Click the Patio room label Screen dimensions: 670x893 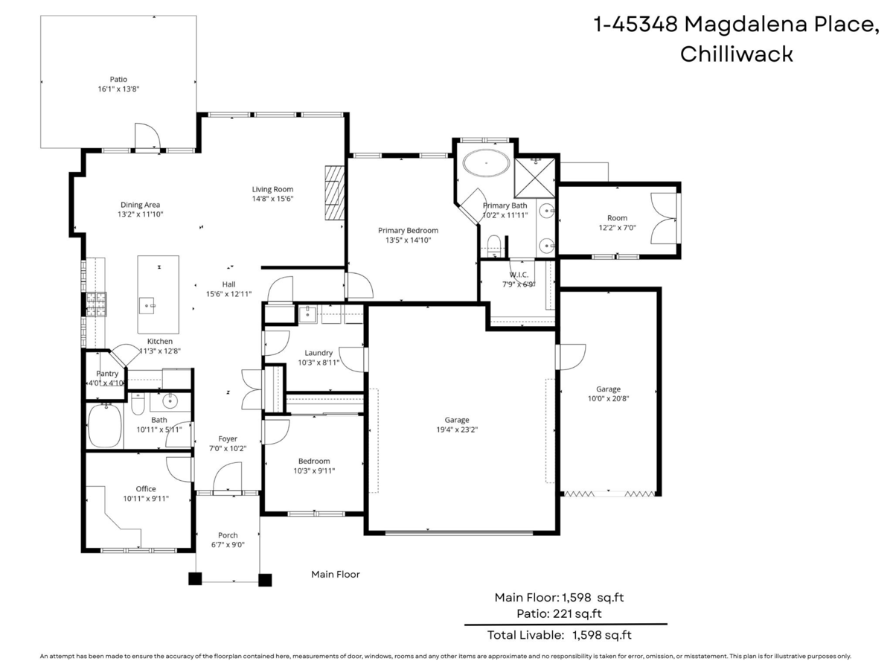pyautogui.click(x=119, y=79)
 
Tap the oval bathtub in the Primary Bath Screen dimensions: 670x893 pyautogui.click(x=486, y=162)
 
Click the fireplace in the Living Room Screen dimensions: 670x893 pyautogui.click(x=334, y=193)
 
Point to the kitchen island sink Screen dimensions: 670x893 pyautogui.click(x=147, y=304)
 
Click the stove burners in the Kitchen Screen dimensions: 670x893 pyautogui.click(x=97, y=303)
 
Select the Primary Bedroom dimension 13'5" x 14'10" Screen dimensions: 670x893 pyautogui.click(x=408, y=240)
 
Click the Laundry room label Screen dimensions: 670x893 pyautogui.click(x=319, y=353)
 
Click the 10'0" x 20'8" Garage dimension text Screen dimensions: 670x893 pyautogui.click(x=608, y=398)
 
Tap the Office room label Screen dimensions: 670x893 pyautogui.click(x=146, y=489)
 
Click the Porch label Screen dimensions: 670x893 pyautogui.click(x=228, y=535)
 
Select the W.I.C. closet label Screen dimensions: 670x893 pyautogui.click(x=518, y=275)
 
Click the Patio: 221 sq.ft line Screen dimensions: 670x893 pyautogui.click(x=559, y=614)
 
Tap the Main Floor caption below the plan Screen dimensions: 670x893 pyautogui.click(x=335, y=574)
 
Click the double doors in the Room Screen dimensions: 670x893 pyautogui.click(x=663, y=219)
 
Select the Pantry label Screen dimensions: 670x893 pyautogui.click(x=107, y=374)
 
